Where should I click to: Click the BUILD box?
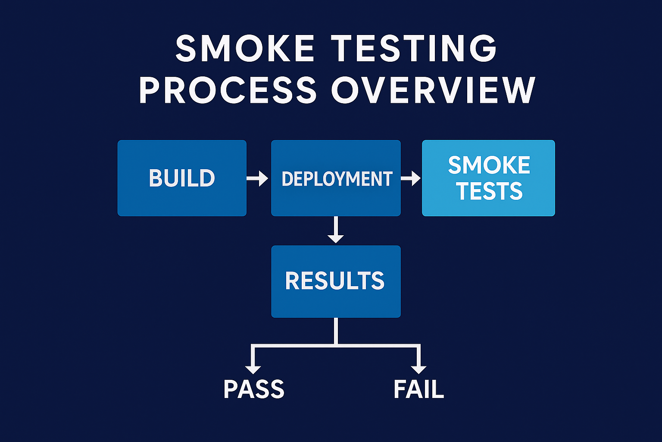(182, 178)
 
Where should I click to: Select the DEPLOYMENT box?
(336, 178)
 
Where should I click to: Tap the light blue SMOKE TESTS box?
(488, 178)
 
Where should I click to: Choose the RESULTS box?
(336, 281)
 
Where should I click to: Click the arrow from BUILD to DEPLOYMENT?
(258, 178)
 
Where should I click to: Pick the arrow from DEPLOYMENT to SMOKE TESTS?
(411, 178)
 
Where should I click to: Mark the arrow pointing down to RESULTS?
(336, 230)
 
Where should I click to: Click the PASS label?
(254, 389)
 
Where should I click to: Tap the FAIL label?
(418, 389)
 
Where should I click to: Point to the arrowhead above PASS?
(253, 369)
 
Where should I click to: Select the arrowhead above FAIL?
(418, 369)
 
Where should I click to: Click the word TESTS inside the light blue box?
(490, 191)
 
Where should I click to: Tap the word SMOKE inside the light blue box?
(489, 165)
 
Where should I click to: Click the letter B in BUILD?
(156, 178)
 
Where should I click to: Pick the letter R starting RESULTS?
(293, 281)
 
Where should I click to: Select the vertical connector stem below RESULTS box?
(336, 331)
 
